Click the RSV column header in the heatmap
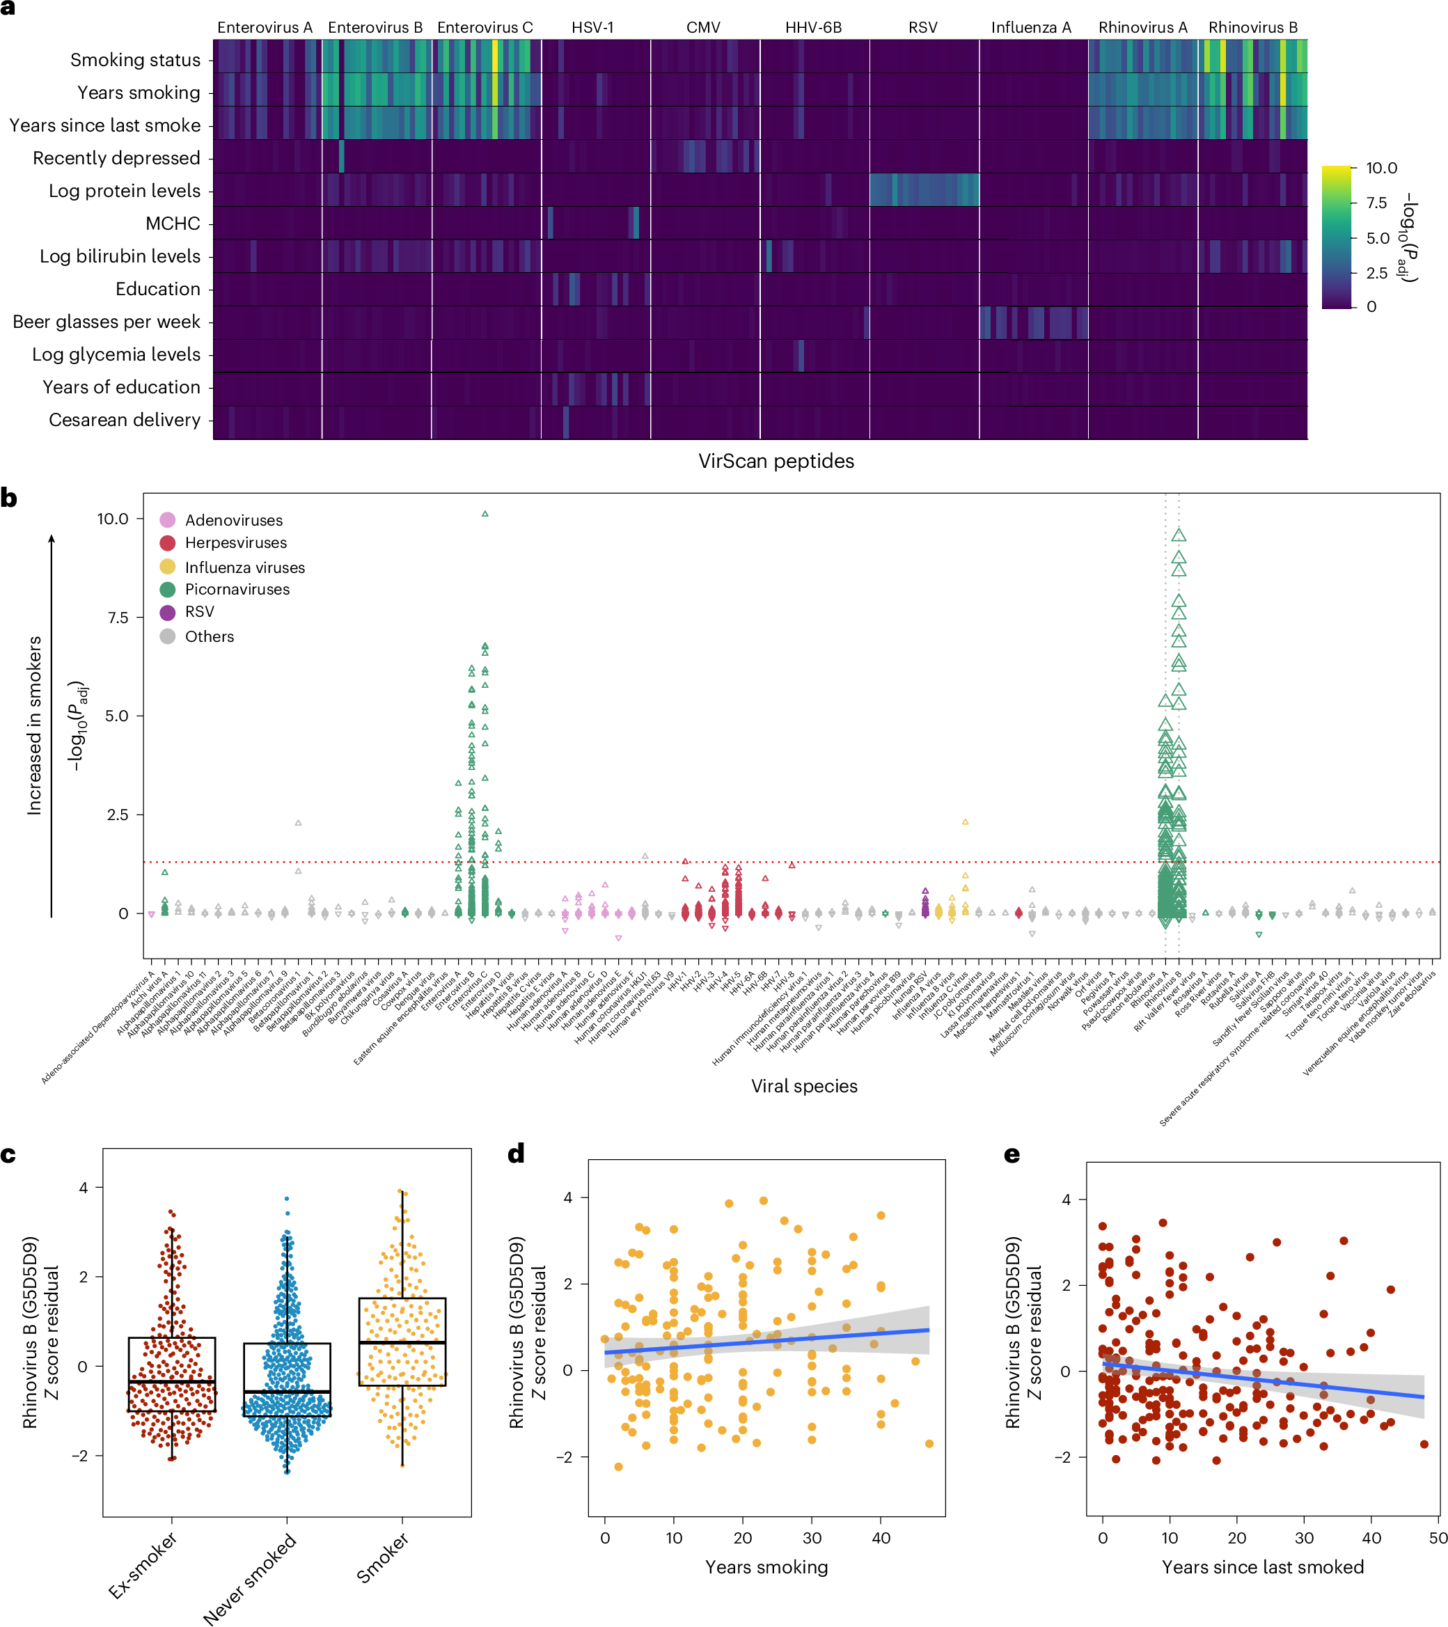(922, 27)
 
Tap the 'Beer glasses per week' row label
(106, 322)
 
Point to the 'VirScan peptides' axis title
(776, 461)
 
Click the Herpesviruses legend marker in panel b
(167, 543)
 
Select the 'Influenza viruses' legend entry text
(244, 567)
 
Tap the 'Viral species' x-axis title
(804, 1086)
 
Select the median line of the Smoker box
(402, 1343)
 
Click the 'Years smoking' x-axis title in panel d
(766, 1567)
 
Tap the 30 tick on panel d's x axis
(811, 1538)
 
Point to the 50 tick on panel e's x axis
(1437, 1538)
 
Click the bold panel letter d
(516, 1154)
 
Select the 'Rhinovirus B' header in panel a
(1252, 27)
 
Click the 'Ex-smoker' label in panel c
(143, 1565)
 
